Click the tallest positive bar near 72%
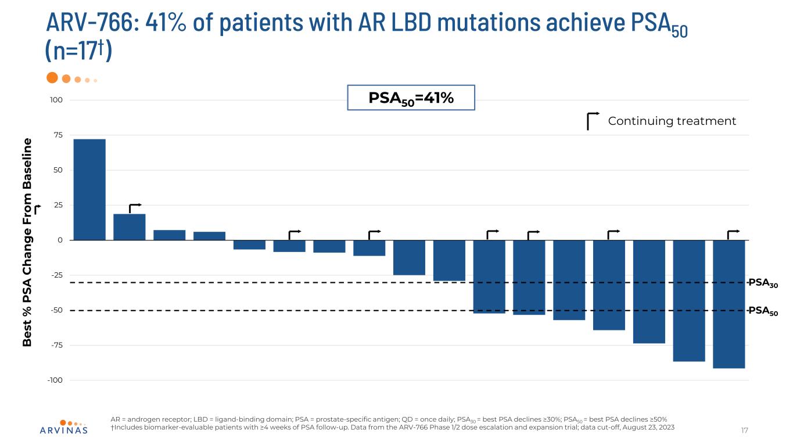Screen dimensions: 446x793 pyautogui.click(x=89, y=189)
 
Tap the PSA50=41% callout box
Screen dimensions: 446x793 pyautogui.click(x=411, y=98)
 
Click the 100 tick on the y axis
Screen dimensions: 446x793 pyautogui.click(x=56, y=100)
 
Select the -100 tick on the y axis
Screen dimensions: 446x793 pyautogui.click(x=55, y=380)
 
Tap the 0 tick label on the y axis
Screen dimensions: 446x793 pyautogui.click(x=60, y=240)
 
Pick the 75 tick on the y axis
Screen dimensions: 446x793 pyautogui.click(x=58, y=135)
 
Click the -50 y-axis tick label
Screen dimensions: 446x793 pyautogui.click(x=56, y=310)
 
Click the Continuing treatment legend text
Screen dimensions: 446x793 pyautogui.click(x=672, y=121)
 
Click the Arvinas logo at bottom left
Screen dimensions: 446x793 pyautogui.click(x=64, y=427)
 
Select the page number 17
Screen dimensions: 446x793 pyautogui.click(x=745, y=430)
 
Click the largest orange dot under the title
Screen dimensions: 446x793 pyautogui.click(x=52, y=78)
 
